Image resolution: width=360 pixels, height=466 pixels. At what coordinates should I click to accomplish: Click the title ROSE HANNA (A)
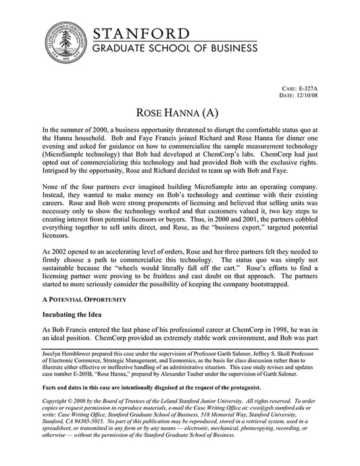tap(179, 111)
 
